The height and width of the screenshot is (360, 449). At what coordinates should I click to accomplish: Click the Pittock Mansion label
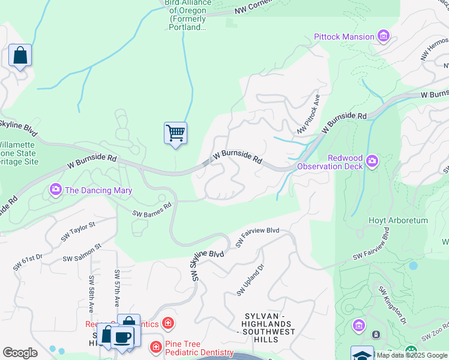(344, 37)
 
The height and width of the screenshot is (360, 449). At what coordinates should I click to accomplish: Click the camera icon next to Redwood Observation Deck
(372, 160)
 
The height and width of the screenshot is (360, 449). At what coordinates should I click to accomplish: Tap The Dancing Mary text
(98, 190)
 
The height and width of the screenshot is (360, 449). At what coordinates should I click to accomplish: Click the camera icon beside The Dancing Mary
(56, 190)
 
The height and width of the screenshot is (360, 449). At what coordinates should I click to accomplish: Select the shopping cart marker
(175, 133)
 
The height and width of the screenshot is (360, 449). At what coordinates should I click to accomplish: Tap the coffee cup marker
(122, 337)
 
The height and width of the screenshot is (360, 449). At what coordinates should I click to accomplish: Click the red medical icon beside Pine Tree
(155, 347)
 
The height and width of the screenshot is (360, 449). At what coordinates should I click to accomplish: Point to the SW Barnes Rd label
(152, 208)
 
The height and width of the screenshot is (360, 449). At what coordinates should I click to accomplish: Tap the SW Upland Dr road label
(250, 280)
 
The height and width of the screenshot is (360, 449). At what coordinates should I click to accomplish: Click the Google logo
(20, 353)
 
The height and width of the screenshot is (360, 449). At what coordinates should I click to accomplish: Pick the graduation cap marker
(363, 355)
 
